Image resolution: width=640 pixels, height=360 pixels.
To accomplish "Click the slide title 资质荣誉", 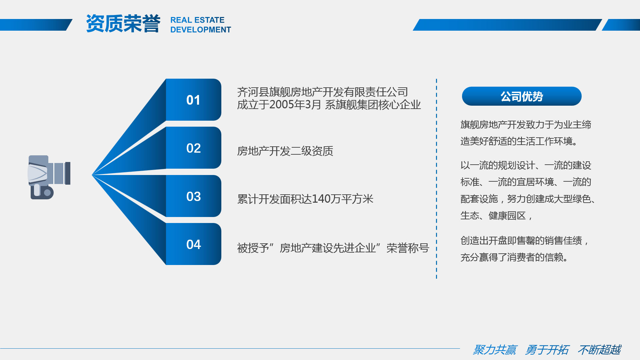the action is click(123, 24).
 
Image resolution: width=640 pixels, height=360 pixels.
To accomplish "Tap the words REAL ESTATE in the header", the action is click(197, 20).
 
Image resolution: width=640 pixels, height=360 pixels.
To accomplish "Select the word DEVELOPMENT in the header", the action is click(201, 30).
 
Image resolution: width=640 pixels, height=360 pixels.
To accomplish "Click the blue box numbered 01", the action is click(193, 100).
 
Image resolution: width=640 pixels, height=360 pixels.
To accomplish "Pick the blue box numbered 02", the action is click(193, 148).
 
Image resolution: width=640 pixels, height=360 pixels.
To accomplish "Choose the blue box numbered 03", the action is click(193, 196).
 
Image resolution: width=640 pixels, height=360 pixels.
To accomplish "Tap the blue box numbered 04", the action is click(193, 244).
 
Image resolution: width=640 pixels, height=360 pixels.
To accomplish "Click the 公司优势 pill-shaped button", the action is click(522, 96).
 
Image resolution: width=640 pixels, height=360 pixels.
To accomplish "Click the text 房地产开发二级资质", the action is click(285, 151).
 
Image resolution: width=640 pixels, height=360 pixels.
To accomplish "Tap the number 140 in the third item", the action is click(322, 199).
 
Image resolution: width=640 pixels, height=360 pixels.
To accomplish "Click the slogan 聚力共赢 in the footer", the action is click(495, 350).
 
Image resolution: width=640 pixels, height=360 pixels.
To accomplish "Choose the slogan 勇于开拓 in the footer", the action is click(547, 350).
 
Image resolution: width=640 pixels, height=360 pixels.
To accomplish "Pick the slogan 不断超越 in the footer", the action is click(599, 350).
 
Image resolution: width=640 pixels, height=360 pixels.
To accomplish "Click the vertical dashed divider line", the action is click(436, 179).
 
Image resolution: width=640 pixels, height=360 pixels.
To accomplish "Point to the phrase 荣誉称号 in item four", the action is click(408, 248).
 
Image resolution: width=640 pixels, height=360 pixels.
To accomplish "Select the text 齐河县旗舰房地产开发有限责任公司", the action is click(322, 92).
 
